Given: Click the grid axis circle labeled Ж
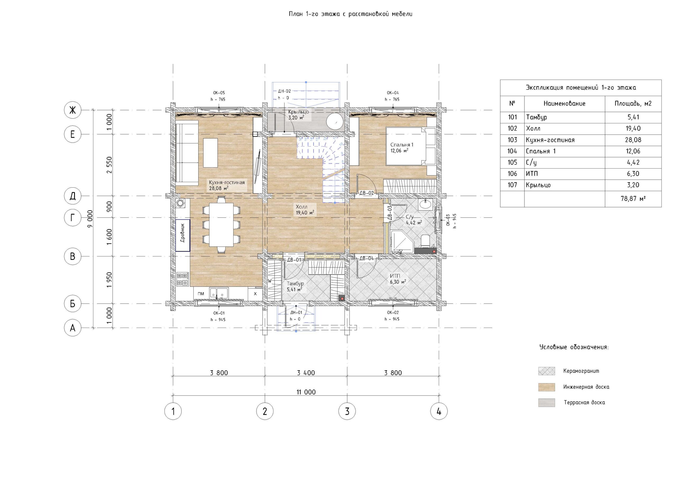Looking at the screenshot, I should [x=72, y=110].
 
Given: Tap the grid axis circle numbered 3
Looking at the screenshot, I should [x=347, y=411].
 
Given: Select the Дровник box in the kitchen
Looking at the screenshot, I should [x=182, y=236].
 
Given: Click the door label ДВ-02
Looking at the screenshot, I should [x=367, y=193].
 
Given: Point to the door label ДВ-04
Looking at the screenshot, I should [x=367, y=259].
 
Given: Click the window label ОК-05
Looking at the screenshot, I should [x=219, y=93].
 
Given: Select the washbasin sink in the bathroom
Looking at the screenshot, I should [x=425, y=204].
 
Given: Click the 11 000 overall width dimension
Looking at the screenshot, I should [x=306, y=392].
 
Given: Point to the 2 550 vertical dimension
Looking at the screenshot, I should [x=109, y=165].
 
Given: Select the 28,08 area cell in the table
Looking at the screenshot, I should [x=633, y=140].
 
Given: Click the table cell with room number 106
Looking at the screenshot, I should [x=512, y=174].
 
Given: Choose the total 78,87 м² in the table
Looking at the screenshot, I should [x=633, y=199].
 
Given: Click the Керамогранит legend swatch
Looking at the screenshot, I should [x=546, y=371].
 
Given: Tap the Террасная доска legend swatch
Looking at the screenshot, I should [x=546, y=403].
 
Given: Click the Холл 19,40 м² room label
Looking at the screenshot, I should [x=305, y=210].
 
